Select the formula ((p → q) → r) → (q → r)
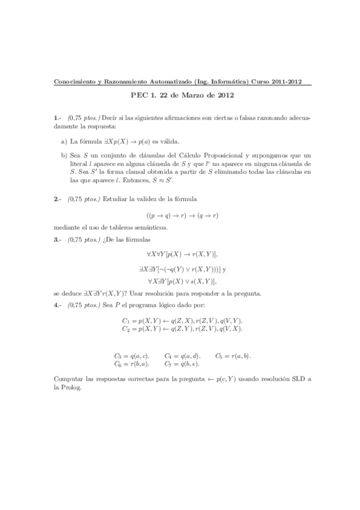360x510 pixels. tap(182, 214)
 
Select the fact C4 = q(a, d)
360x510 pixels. tap(183, 356)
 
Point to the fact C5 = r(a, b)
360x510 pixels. tap(233, 356)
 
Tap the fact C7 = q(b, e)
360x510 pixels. tap(183, 364)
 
